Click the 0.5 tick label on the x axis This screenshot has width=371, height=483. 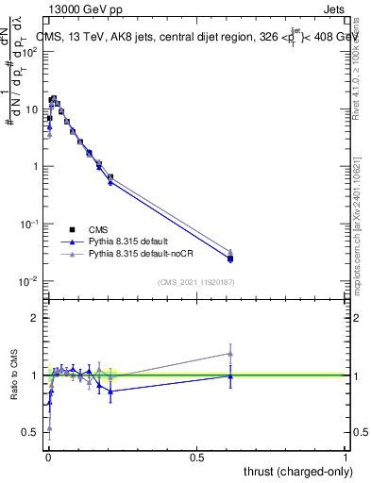tap(196, 458)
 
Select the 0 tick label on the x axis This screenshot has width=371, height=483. tap(47, 458)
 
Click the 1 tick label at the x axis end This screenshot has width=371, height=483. tap(346, 458)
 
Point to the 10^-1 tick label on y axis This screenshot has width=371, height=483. tap(29, 224)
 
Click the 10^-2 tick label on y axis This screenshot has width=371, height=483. tap(29, 281)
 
